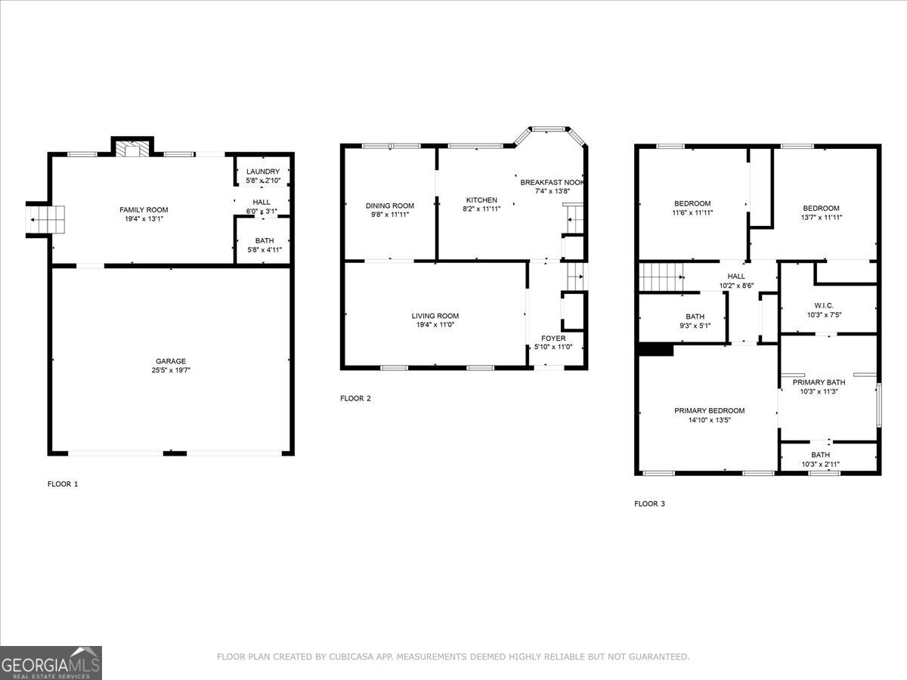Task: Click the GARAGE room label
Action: click(171, 361)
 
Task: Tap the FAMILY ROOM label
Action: click(144, 209)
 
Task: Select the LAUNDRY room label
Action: click(263, 172)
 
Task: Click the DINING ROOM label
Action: click(390, 206)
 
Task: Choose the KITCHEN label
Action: click(481, 199)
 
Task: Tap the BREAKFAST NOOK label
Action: click(552, 182)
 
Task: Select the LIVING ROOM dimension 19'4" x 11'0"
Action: click(435, 325)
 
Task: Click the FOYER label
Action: click(553, 338)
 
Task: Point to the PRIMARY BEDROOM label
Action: click(709, 411)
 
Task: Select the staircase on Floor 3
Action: click(661, 277)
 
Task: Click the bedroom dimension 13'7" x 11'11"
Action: click(821, 217)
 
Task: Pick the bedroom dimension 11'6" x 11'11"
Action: click(692, 212)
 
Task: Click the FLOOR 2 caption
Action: click(355, 398)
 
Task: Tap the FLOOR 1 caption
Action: click(62, 484)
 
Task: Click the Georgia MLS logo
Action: click(51, 663)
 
